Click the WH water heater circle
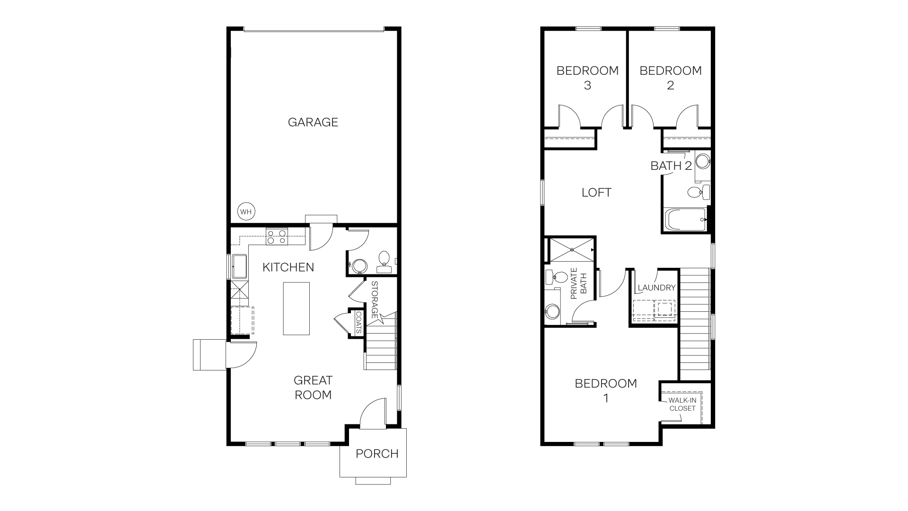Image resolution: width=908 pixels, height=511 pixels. pos(245,211)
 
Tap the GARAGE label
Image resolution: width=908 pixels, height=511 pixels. pos(313,122)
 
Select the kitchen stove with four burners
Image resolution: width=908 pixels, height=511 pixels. pos(276,236)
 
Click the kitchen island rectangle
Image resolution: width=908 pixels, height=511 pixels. pos(296,308)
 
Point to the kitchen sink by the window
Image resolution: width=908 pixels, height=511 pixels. pos(239,267)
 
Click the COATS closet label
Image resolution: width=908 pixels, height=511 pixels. pos(358,322)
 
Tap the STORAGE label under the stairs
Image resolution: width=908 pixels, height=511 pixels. pos(375,300)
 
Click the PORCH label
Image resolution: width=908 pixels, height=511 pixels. pos(377,454)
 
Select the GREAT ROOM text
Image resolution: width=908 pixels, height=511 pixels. pos(313,388)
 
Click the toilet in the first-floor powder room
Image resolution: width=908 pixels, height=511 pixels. pos(384,259)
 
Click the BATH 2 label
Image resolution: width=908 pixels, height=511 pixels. pos(671,166)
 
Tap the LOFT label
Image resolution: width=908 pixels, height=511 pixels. pos(596,193)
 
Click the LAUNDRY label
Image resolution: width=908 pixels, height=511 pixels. pos(656,288)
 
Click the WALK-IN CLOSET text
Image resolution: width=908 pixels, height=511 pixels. pos(681,404)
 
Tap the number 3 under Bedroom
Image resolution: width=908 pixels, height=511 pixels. pos(587,86)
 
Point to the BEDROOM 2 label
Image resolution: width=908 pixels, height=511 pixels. pos(670,78)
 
